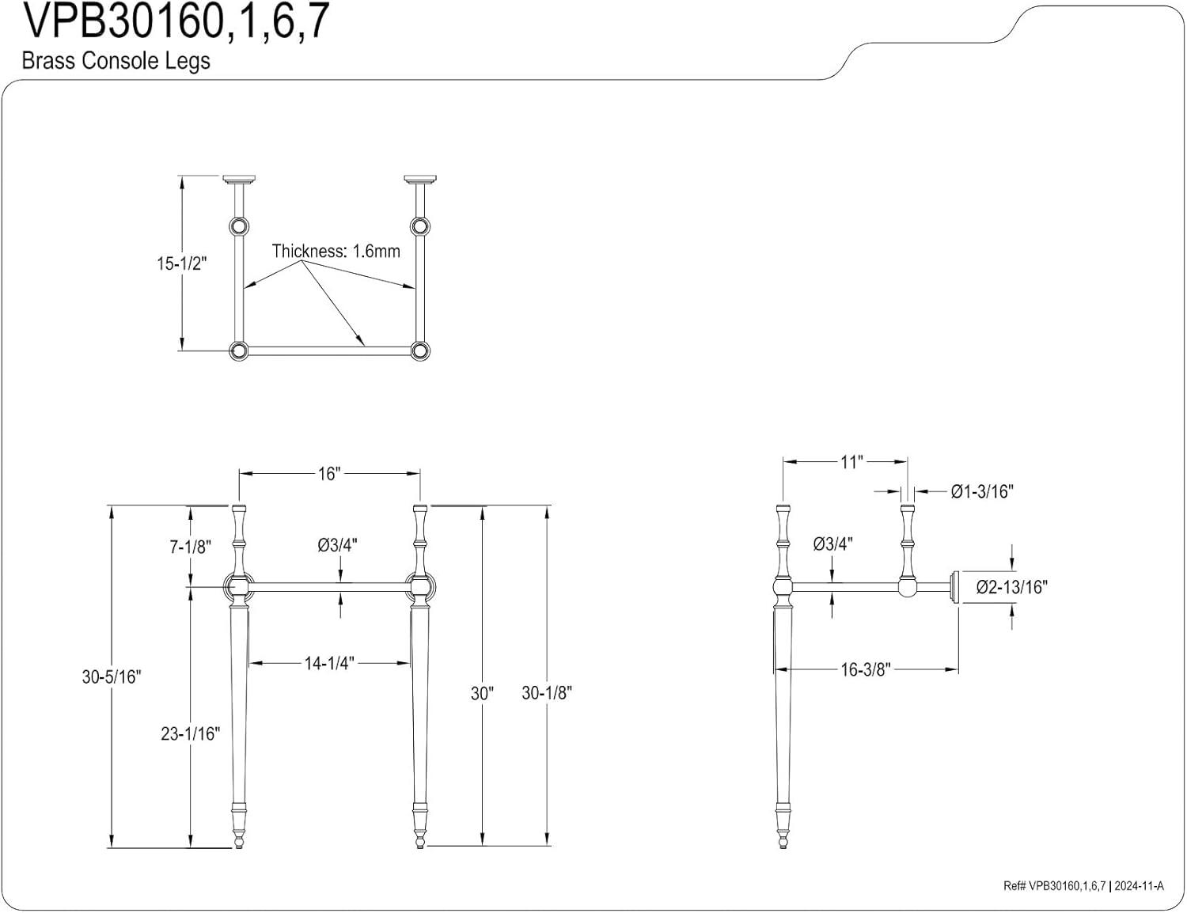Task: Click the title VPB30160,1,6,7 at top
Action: [x=175, y=22]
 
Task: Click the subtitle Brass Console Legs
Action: [x=116, y=61]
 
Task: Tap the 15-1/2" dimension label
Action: [x=180, y=263]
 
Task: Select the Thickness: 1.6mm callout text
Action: [x=336, y=252]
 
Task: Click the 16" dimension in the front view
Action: [x=328, y=473]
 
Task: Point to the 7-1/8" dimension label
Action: [x=191, y=546]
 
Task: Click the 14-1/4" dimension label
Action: [x=329, y=663]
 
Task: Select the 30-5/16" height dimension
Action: [x=111, y=676]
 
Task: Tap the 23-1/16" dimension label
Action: [x=190, y=733]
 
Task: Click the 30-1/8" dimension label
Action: [x=547, y=692]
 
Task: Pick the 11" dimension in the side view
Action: [x=850, y=462]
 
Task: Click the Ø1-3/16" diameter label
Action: [x=982, y=491]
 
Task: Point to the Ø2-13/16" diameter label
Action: [x=1011, y=587]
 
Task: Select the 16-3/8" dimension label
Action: [x=866, y=669]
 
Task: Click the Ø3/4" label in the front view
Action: [x=337, y=544]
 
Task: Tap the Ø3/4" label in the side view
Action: [x=832, y=544]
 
